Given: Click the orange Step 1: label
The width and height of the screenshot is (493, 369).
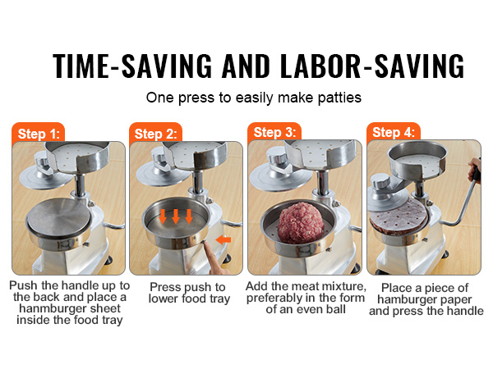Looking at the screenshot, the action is pos(39,134).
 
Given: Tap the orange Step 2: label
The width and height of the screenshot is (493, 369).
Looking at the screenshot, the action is pos(155,134).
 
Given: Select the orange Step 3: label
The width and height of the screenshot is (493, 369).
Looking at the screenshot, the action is pos(274,132).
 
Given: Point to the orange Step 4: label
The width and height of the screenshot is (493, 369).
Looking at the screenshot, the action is pos(394,132).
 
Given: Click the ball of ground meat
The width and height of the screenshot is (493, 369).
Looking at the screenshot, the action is pos(301,222).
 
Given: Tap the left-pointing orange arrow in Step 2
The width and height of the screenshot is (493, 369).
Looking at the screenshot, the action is pos(223,240).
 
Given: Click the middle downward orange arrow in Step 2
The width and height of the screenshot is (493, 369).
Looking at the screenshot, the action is pos(176,216).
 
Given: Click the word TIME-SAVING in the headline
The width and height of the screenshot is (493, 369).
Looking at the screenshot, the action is pos(132,66).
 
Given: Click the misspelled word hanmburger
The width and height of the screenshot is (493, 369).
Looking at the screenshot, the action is pos(50,308).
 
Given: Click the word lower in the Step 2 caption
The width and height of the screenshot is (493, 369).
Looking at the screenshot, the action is pos(164,298).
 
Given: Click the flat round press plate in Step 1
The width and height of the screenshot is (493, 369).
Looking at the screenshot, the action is pos(58,217).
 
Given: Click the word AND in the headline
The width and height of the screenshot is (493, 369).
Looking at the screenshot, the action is pos(246,66).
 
